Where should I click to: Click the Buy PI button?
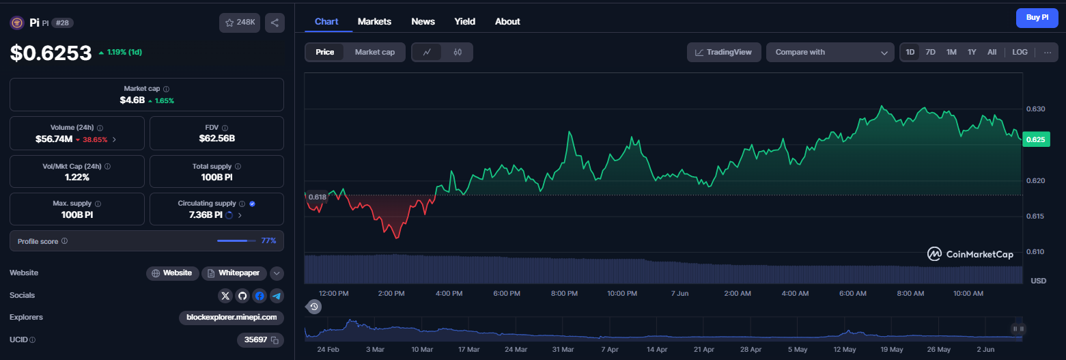1037,18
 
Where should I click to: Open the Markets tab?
374,21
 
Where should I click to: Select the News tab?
423,21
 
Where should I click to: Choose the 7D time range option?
930,52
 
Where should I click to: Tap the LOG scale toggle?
1020,52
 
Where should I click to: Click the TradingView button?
724,53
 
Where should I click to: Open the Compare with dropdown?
830,53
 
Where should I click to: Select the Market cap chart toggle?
374,52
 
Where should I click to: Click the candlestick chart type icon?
458,52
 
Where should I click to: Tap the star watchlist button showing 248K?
240,23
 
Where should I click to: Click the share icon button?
275,23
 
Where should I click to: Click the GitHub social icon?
242,296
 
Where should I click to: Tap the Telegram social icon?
277,296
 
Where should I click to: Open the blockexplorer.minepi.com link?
232,317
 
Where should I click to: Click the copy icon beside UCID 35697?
275,340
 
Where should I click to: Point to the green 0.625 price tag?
1035,139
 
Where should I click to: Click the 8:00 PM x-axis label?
564,293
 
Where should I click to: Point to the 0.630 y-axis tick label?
1035,109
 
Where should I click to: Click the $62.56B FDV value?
217,139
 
